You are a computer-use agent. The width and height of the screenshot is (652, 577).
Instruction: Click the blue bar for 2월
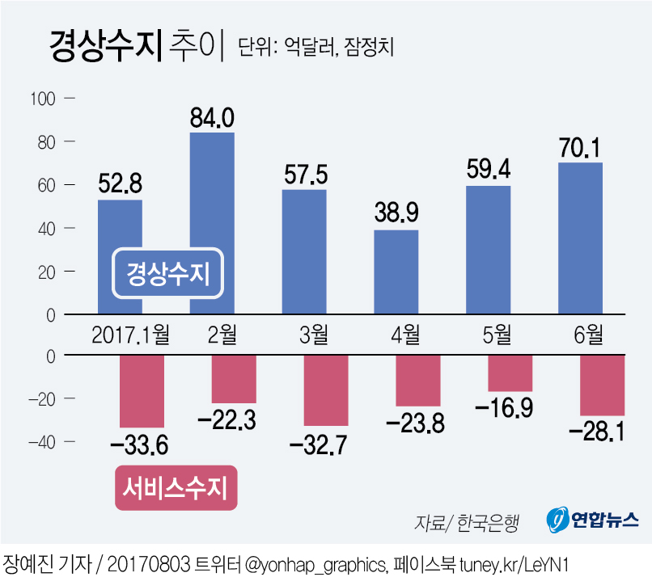click(212, 223)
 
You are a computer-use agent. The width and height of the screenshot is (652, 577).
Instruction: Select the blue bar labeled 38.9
click(396, 272)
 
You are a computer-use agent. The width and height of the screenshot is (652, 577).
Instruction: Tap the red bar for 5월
click(510, 373)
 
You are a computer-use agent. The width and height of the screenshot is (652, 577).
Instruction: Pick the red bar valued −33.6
click(142, 391)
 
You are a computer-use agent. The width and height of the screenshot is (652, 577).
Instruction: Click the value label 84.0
click(212, 118)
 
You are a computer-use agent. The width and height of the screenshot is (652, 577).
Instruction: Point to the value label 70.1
click(579, 148)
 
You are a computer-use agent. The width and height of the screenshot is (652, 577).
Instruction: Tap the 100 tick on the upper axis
click(42, 99)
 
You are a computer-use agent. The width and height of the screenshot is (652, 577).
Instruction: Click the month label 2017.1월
click(130, 333)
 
